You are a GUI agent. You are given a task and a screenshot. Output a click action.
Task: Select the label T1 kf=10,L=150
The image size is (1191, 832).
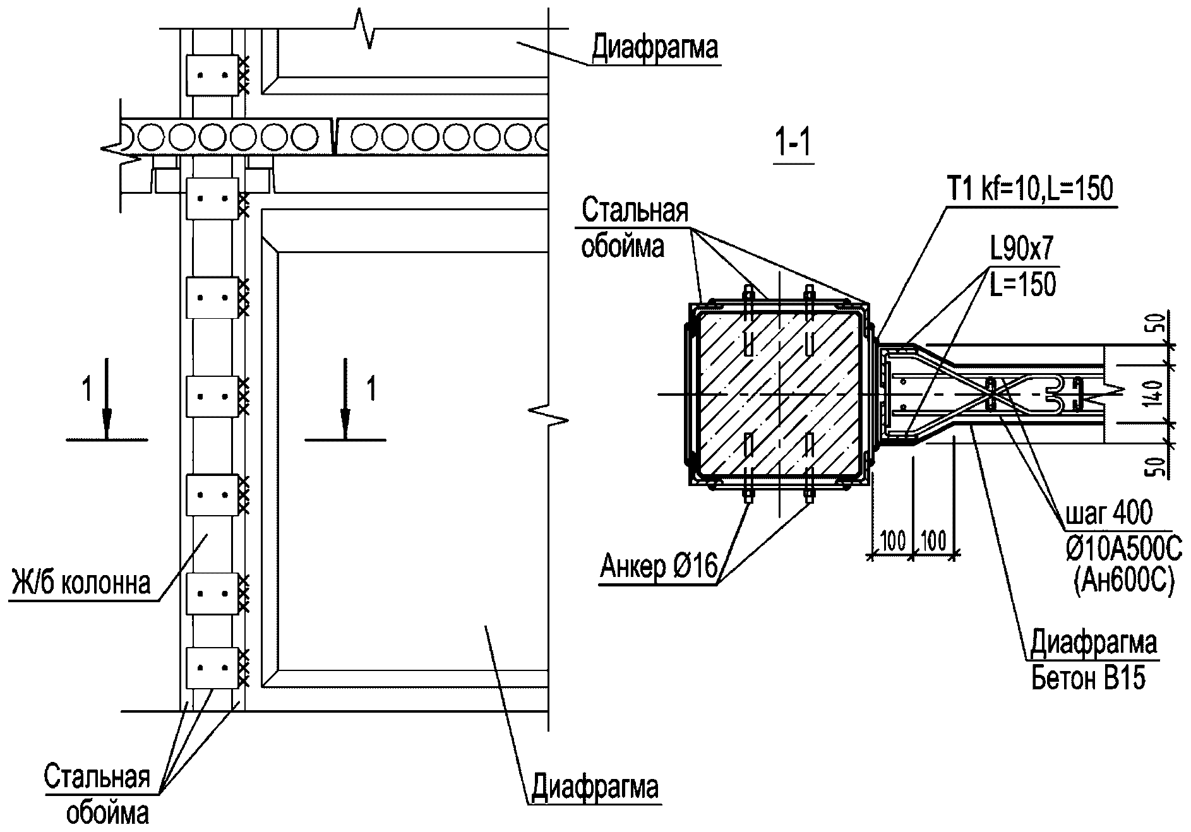(x=1031, y=189)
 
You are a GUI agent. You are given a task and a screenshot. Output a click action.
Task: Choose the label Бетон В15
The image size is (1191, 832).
(x=1088, y=679)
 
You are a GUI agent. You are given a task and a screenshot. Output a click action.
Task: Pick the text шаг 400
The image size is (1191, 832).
(x=1109, y=513)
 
